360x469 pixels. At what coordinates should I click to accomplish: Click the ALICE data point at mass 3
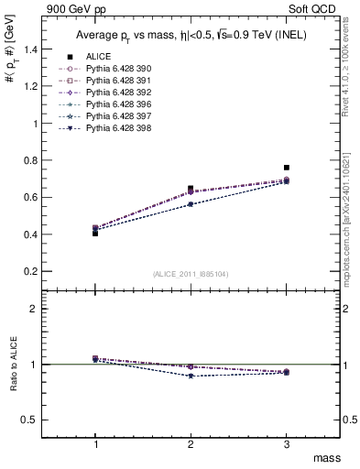pyautogui.click(x=287, y=168)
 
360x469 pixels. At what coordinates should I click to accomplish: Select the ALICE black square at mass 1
pyautogui.click(x=95, y=233)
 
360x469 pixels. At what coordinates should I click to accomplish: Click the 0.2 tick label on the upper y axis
pyautogui.click(x=38, y=272)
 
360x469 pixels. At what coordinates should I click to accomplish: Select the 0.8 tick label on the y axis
pyautogui.click(x=38, y=160)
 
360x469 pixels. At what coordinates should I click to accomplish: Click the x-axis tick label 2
pyautogui.click(x=191, y=443)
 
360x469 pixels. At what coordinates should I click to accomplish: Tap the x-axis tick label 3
pyautogui.click(x=287, y=443)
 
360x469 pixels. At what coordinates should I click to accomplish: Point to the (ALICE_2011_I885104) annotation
pyautogui.click(x=191, y=274)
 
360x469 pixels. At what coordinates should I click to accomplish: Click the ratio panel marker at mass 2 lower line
pyautogui.click(x=191, y=376)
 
